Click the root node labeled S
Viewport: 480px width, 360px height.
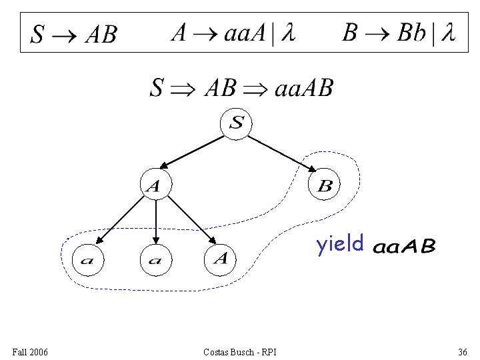(x=237, y=123)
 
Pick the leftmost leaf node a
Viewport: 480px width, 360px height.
(x=87, y=260)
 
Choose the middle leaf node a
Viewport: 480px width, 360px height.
(x=155, y=260)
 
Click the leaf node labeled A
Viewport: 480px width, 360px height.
(x=221, y=258)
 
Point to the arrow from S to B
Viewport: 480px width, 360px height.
(x=281, y=154)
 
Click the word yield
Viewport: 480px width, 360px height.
(x=340, y=245)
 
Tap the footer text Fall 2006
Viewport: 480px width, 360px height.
(x=30, y=351)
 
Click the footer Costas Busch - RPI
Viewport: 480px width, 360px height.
(x=241, y=351)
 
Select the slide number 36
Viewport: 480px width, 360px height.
(x=462, y=351)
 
